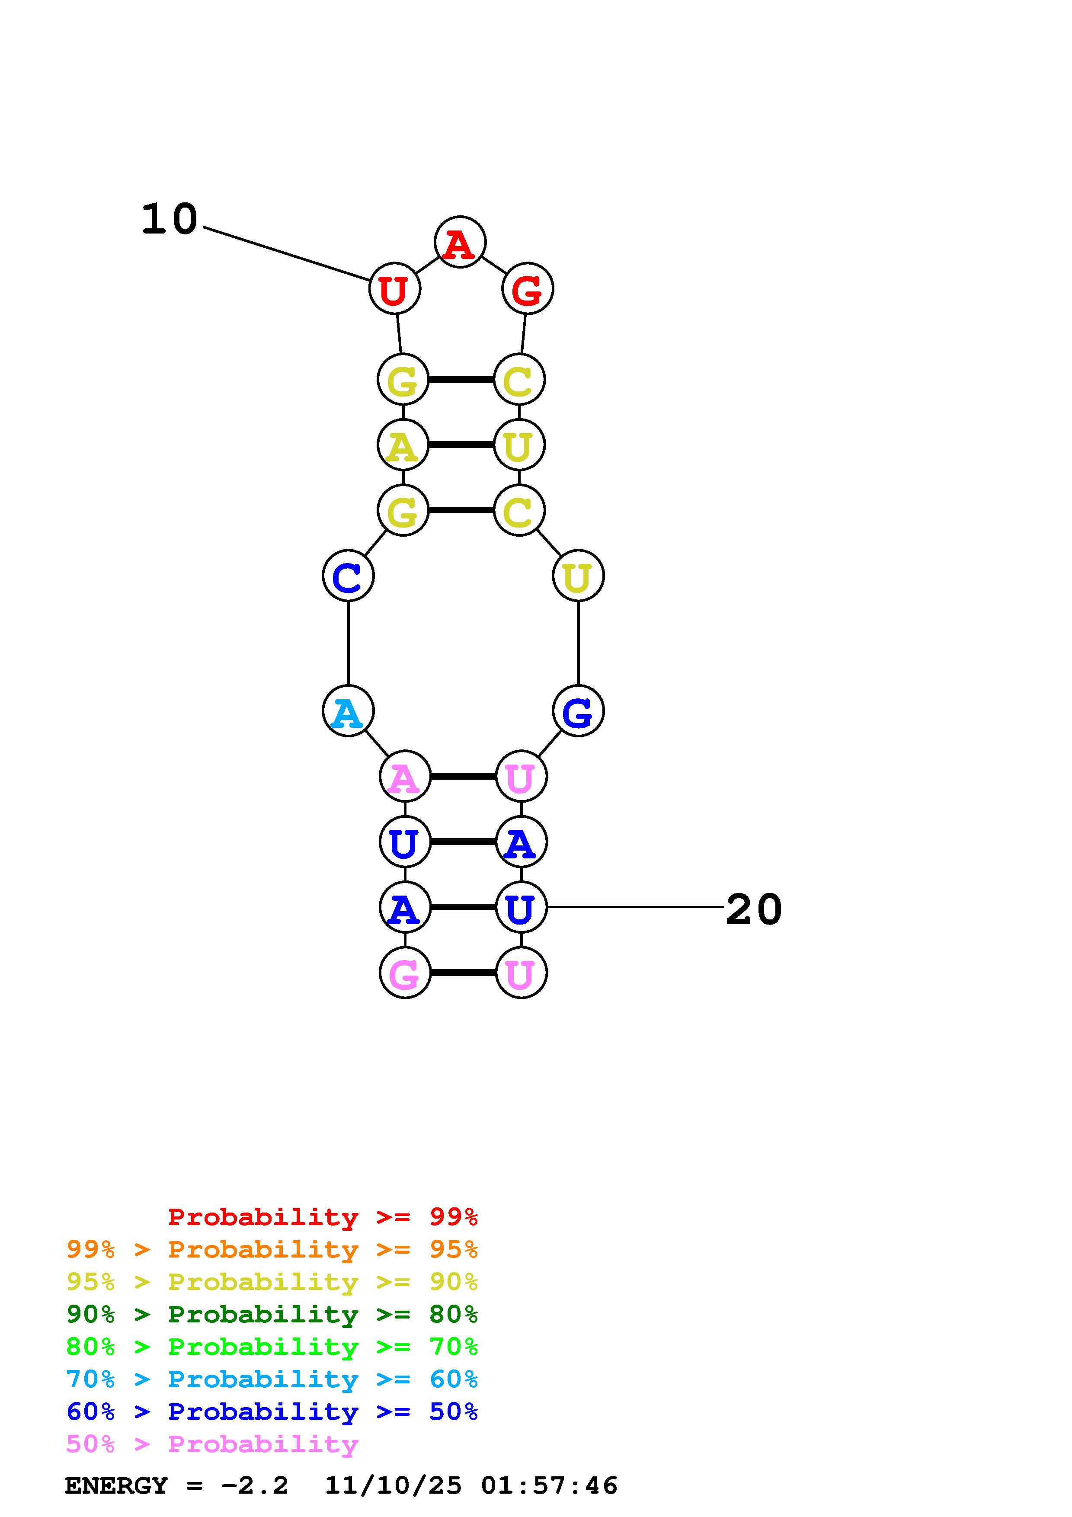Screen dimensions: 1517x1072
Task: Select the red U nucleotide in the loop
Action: pos(394,289)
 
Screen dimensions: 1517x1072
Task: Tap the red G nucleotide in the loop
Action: pos(527,289)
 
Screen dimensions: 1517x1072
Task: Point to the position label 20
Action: pos(754,910)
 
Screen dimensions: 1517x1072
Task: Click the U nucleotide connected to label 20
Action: pos(521,907)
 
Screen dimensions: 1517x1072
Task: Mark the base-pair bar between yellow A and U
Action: pos(461,445)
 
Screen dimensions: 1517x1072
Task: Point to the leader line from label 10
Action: pos(286,254)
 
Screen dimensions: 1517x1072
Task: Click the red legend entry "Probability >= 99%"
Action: pos(322,1217)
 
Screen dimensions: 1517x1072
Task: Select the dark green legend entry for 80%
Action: pos(272,1314)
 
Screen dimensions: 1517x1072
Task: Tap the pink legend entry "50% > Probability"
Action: pos(212,1444)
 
